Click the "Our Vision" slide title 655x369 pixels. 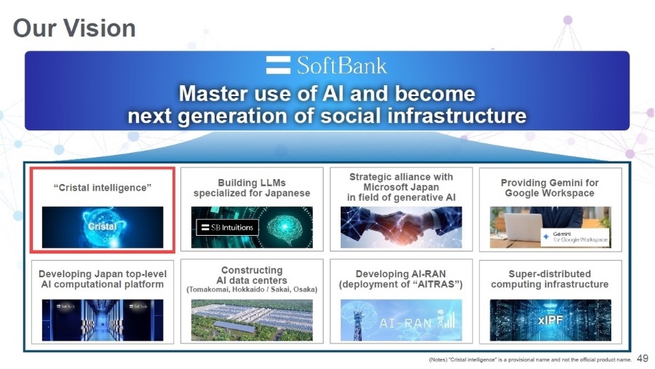click(74, 28)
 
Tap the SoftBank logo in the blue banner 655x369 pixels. click(327, 66)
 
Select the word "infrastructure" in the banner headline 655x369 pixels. click(456, 116)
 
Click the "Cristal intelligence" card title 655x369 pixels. click(103, 188)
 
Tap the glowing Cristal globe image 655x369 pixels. click(103, 227)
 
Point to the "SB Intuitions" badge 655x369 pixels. click(227, 227)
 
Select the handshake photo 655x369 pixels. click(401, 227)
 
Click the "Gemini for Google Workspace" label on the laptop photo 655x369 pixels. click(575, 237)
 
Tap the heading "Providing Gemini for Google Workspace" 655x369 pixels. click(549, 188)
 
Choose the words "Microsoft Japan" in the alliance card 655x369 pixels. click(401, 187)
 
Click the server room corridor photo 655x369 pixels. click(103, 320)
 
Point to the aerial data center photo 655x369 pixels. click(252, 320)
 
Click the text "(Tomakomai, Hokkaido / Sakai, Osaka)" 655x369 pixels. click(252, 290)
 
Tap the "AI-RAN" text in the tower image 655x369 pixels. click(405, 323)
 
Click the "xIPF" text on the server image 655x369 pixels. click(550, 320)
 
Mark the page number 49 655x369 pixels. click(643, 358)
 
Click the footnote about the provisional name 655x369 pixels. click(530, 360)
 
